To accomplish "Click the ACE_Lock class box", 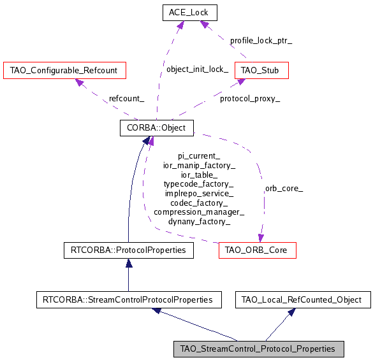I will pos(189,12).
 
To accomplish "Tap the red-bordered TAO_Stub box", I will pos(261,69).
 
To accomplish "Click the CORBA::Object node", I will pos(157,127).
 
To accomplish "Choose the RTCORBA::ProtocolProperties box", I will pos(128,250).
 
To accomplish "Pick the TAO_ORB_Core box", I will pos(257,250).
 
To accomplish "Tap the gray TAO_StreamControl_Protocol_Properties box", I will pos(258,349).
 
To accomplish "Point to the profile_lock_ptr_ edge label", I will pos(261,40).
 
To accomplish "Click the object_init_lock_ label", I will pos(197,69).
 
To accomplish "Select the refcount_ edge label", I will pos(126,99).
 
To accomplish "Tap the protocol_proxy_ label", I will pos(250,99).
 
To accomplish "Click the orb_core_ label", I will pos(284,189).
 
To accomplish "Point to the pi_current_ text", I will pos(199,155).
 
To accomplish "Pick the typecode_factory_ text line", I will pos(199,184).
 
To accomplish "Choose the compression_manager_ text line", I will pos(199,212).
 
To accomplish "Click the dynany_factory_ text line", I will pos(199,221).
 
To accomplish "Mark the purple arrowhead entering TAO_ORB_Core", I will pos(261,238).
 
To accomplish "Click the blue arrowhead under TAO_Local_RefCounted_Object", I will pos(291,311).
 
